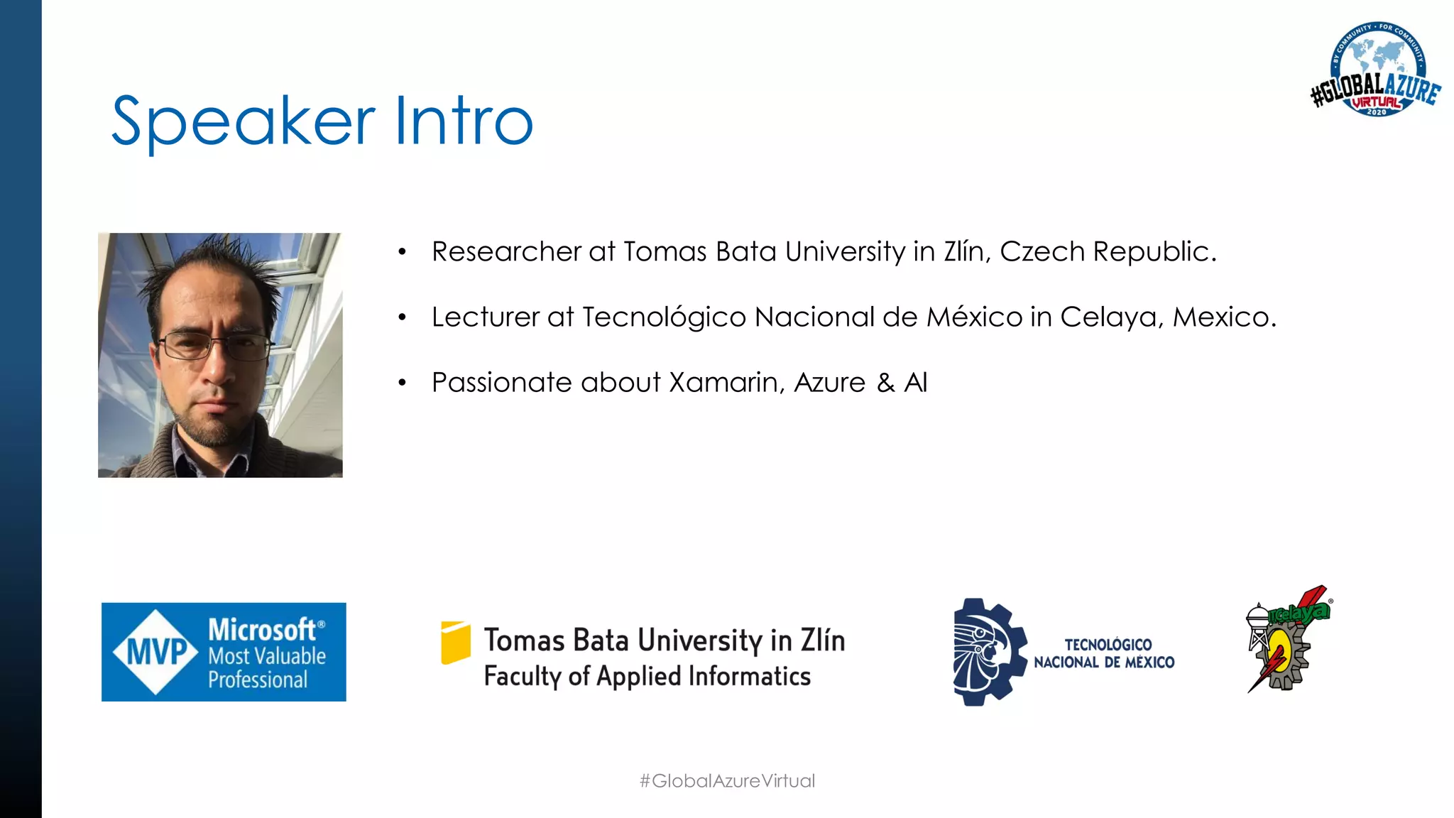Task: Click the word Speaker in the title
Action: pyautogui.click(x=243, y=122)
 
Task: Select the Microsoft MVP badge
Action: pyautogui.click(x=224, y=652)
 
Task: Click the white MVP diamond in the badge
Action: pyautogui.click(x=155, y=652)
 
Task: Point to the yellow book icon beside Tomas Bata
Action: pyautogui.click(x=455, y=643)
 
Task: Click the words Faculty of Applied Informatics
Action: pyautogui.click(x=647, y=676)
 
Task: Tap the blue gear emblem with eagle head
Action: pyautogui.click(x=988, y=652)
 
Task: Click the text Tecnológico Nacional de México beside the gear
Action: pyautogui.click(x=1104, y=653)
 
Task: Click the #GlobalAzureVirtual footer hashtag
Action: pyautogui.click(x=727, y=781)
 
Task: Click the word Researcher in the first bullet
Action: pyautogui.click(x=506, y=252)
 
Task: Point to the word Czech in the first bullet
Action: pyautogui.click(x=1042, y=252)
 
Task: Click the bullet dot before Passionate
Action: pyautogui.click(x=402, y=383)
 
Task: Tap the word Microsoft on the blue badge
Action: pyautogui.click(x=261, y=630)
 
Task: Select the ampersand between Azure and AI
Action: pyautogui.click(x=885, y=383)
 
